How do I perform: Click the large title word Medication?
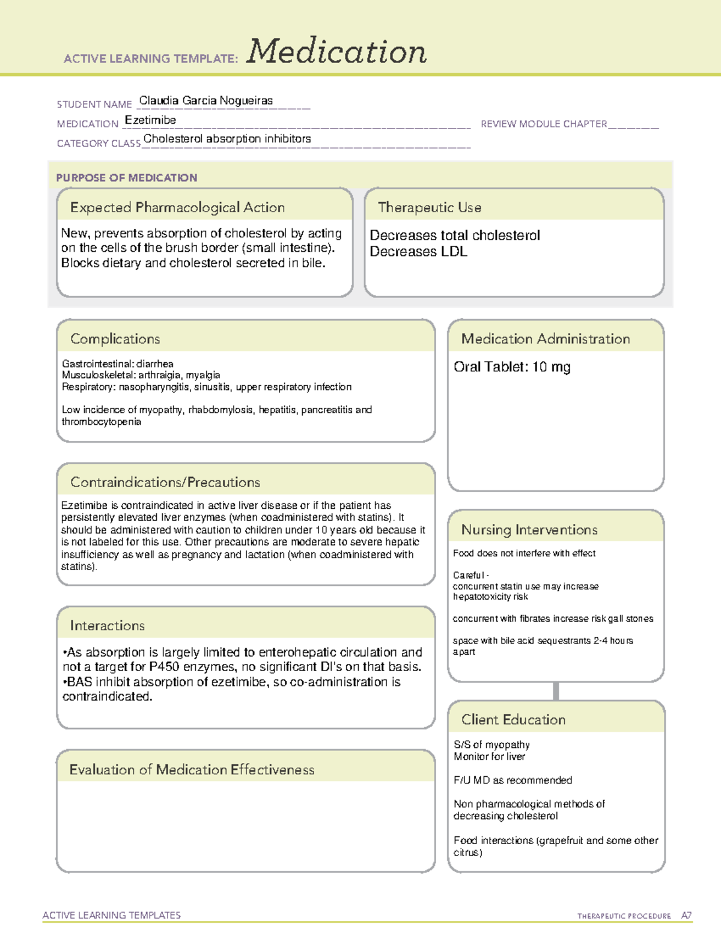click(336, 52)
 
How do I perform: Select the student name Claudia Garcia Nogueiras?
click(205, 100)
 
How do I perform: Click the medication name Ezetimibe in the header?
click(150, 120)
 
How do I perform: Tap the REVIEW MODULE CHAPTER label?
click(544, 124)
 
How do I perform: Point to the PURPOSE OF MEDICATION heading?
click(126, 178)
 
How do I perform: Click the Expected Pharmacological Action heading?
click(177, 207)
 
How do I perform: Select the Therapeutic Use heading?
click(429, 207)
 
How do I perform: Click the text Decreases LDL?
click(418, 252)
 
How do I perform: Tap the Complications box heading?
click(115, 339)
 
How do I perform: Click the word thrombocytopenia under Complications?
click(102, 422)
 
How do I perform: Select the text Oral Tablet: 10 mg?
click(512, 367)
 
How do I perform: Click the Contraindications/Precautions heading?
click(165, 482)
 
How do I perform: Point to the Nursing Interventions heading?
click(529, 530)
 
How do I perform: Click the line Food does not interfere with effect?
click(524, 553)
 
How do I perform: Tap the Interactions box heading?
click(107, 626)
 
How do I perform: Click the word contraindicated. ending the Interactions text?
click(108, 697)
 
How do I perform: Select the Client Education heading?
click(513, 720)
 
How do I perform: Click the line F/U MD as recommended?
click(513, 780)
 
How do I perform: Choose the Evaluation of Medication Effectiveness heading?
click(192, 770)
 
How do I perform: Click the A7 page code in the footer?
click(686, 916)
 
